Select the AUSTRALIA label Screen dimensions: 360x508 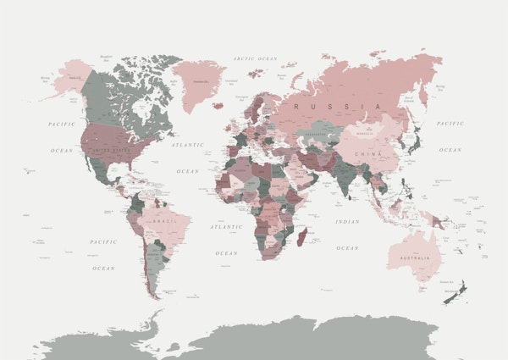click(x=412, y=257)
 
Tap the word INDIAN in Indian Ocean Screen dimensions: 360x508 click(x=347, y=222)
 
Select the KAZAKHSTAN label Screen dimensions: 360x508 click(x=316, y=134)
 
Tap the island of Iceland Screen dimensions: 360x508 click(x=218, y=106)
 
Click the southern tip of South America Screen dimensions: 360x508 click(x=155, y=296)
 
